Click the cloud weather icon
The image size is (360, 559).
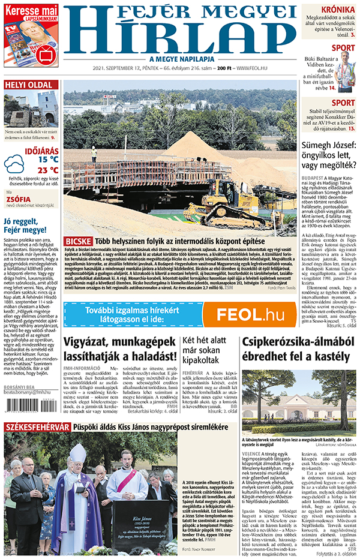coord(14,164)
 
